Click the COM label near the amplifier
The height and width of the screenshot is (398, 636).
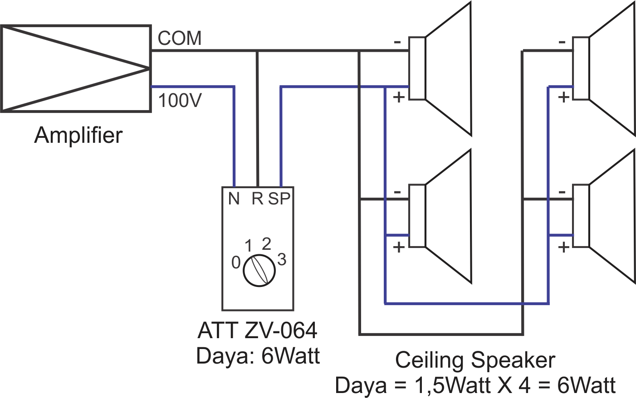click(x=180, y=38)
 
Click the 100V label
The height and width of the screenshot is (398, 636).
click(x=180, y=100)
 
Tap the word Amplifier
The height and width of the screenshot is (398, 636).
click(x=78, y=135)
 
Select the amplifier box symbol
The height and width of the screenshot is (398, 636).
click(x=76, y=69)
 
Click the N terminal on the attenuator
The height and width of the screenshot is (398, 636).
click(x=234, y=199)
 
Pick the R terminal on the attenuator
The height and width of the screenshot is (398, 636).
click(x=257, y=199)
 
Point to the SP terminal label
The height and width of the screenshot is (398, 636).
click(x=279, y=199)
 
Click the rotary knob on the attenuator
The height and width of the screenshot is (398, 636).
click(x=259, y=271)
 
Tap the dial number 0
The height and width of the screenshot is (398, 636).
click(x=236, y=262)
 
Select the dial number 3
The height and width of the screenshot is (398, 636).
click(x=282, y=260)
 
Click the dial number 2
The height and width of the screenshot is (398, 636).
click(x=266, y=244)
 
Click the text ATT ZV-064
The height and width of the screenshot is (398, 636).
click(x=257, y=330)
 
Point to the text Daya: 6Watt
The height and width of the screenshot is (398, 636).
click(x=258, y=356)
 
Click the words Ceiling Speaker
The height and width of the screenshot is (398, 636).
click(x=475, y=360)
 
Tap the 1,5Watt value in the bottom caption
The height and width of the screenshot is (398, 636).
click(x=452, y=386)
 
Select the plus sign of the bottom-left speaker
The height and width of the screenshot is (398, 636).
click(x=398, y=248)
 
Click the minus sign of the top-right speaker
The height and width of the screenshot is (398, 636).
click(x=562, y=42)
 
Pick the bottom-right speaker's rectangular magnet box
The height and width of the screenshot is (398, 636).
click(x=581, y=216)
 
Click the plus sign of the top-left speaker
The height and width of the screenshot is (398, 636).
click(x=398, y=97)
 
